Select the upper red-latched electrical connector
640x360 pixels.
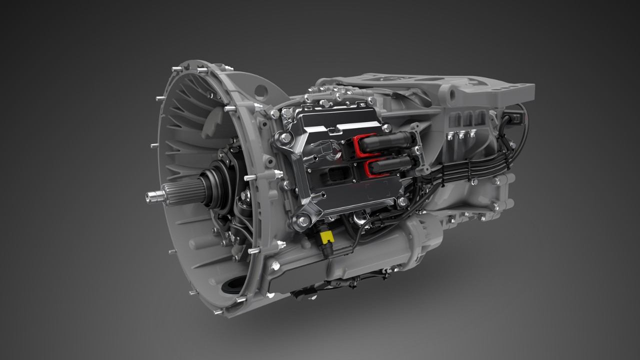click(x=382, y=143)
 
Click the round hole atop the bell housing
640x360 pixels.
click(x=260, y=91)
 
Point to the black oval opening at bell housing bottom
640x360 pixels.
click(x=233, y=285)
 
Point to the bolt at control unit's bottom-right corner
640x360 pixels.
click(x=402, y=201)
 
